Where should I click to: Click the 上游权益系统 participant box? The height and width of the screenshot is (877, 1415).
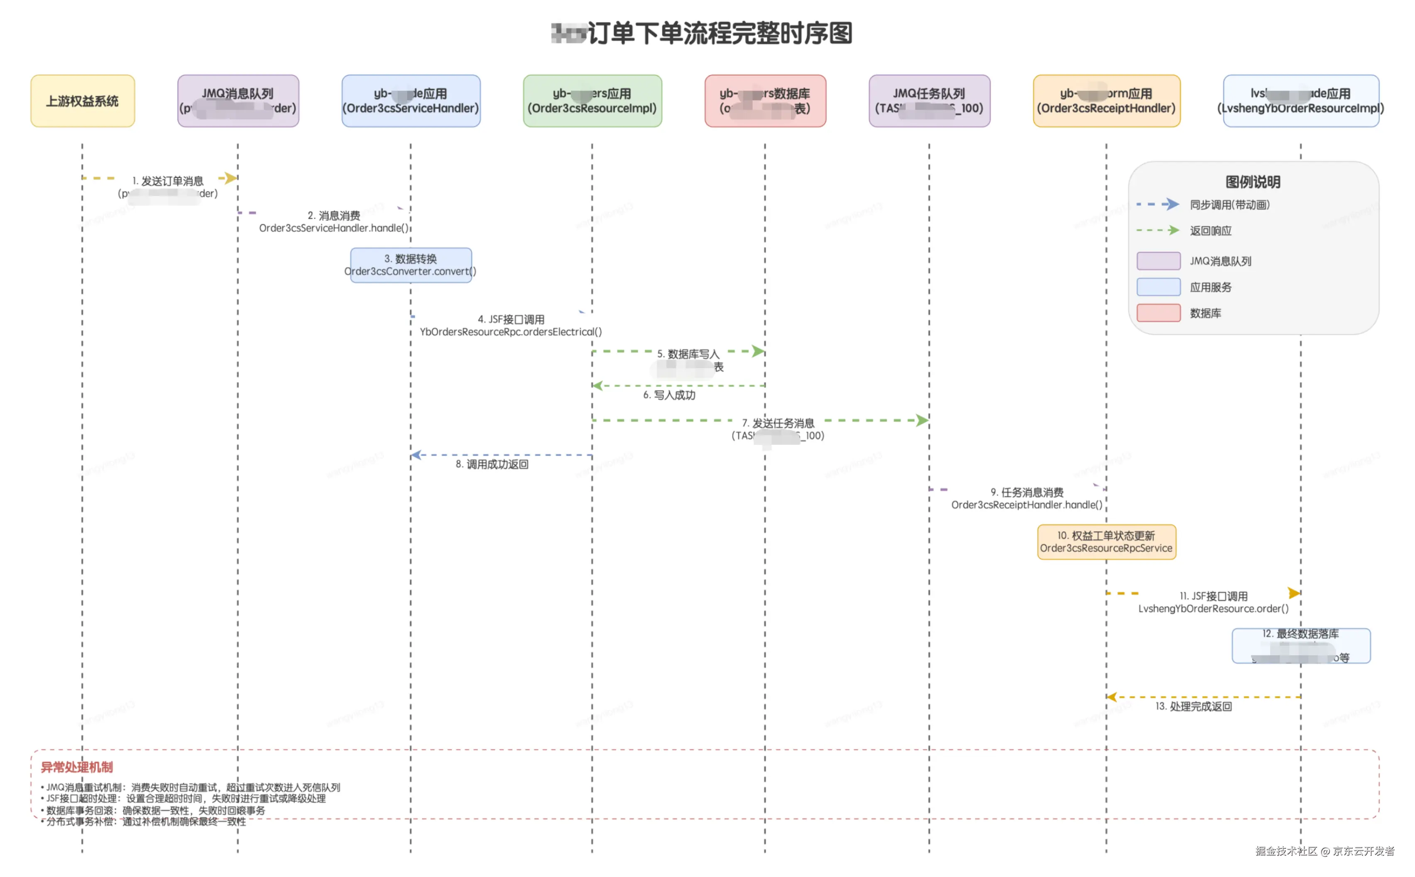point(82,101)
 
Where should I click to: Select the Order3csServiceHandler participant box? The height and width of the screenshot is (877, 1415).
point(411,101)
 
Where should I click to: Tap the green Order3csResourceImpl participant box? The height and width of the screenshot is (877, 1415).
point(592,101)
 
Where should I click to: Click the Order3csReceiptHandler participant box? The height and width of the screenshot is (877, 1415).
point(1106,101)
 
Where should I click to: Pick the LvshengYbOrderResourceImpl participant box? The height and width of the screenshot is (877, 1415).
point(1301,101)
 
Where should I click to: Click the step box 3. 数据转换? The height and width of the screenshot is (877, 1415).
point(411,265)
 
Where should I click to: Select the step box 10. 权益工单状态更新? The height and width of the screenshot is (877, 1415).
point(1106,542)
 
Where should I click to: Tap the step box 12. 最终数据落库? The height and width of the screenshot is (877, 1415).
point(1301,645)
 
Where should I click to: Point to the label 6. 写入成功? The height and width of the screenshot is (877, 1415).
point(668,395)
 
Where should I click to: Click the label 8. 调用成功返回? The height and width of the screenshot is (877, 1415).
point(492,464)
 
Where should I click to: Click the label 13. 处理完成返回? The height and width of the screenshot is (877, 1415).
point(1193,706)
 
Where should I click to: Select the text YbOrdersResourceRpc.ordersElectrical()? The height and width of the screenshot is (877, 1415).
point(510,332)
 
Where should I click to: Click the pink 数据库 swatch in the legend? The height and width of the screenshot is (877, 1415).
point(1158,313)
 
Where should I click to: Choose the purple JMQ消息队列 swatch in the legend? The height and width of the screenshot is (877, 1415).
point(1158,261)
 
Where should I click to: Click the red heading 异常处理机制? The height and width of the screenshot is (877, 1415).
point(76,767)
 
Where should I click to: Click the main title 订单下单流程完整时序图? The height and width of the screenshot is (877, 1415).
point(719,33)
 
